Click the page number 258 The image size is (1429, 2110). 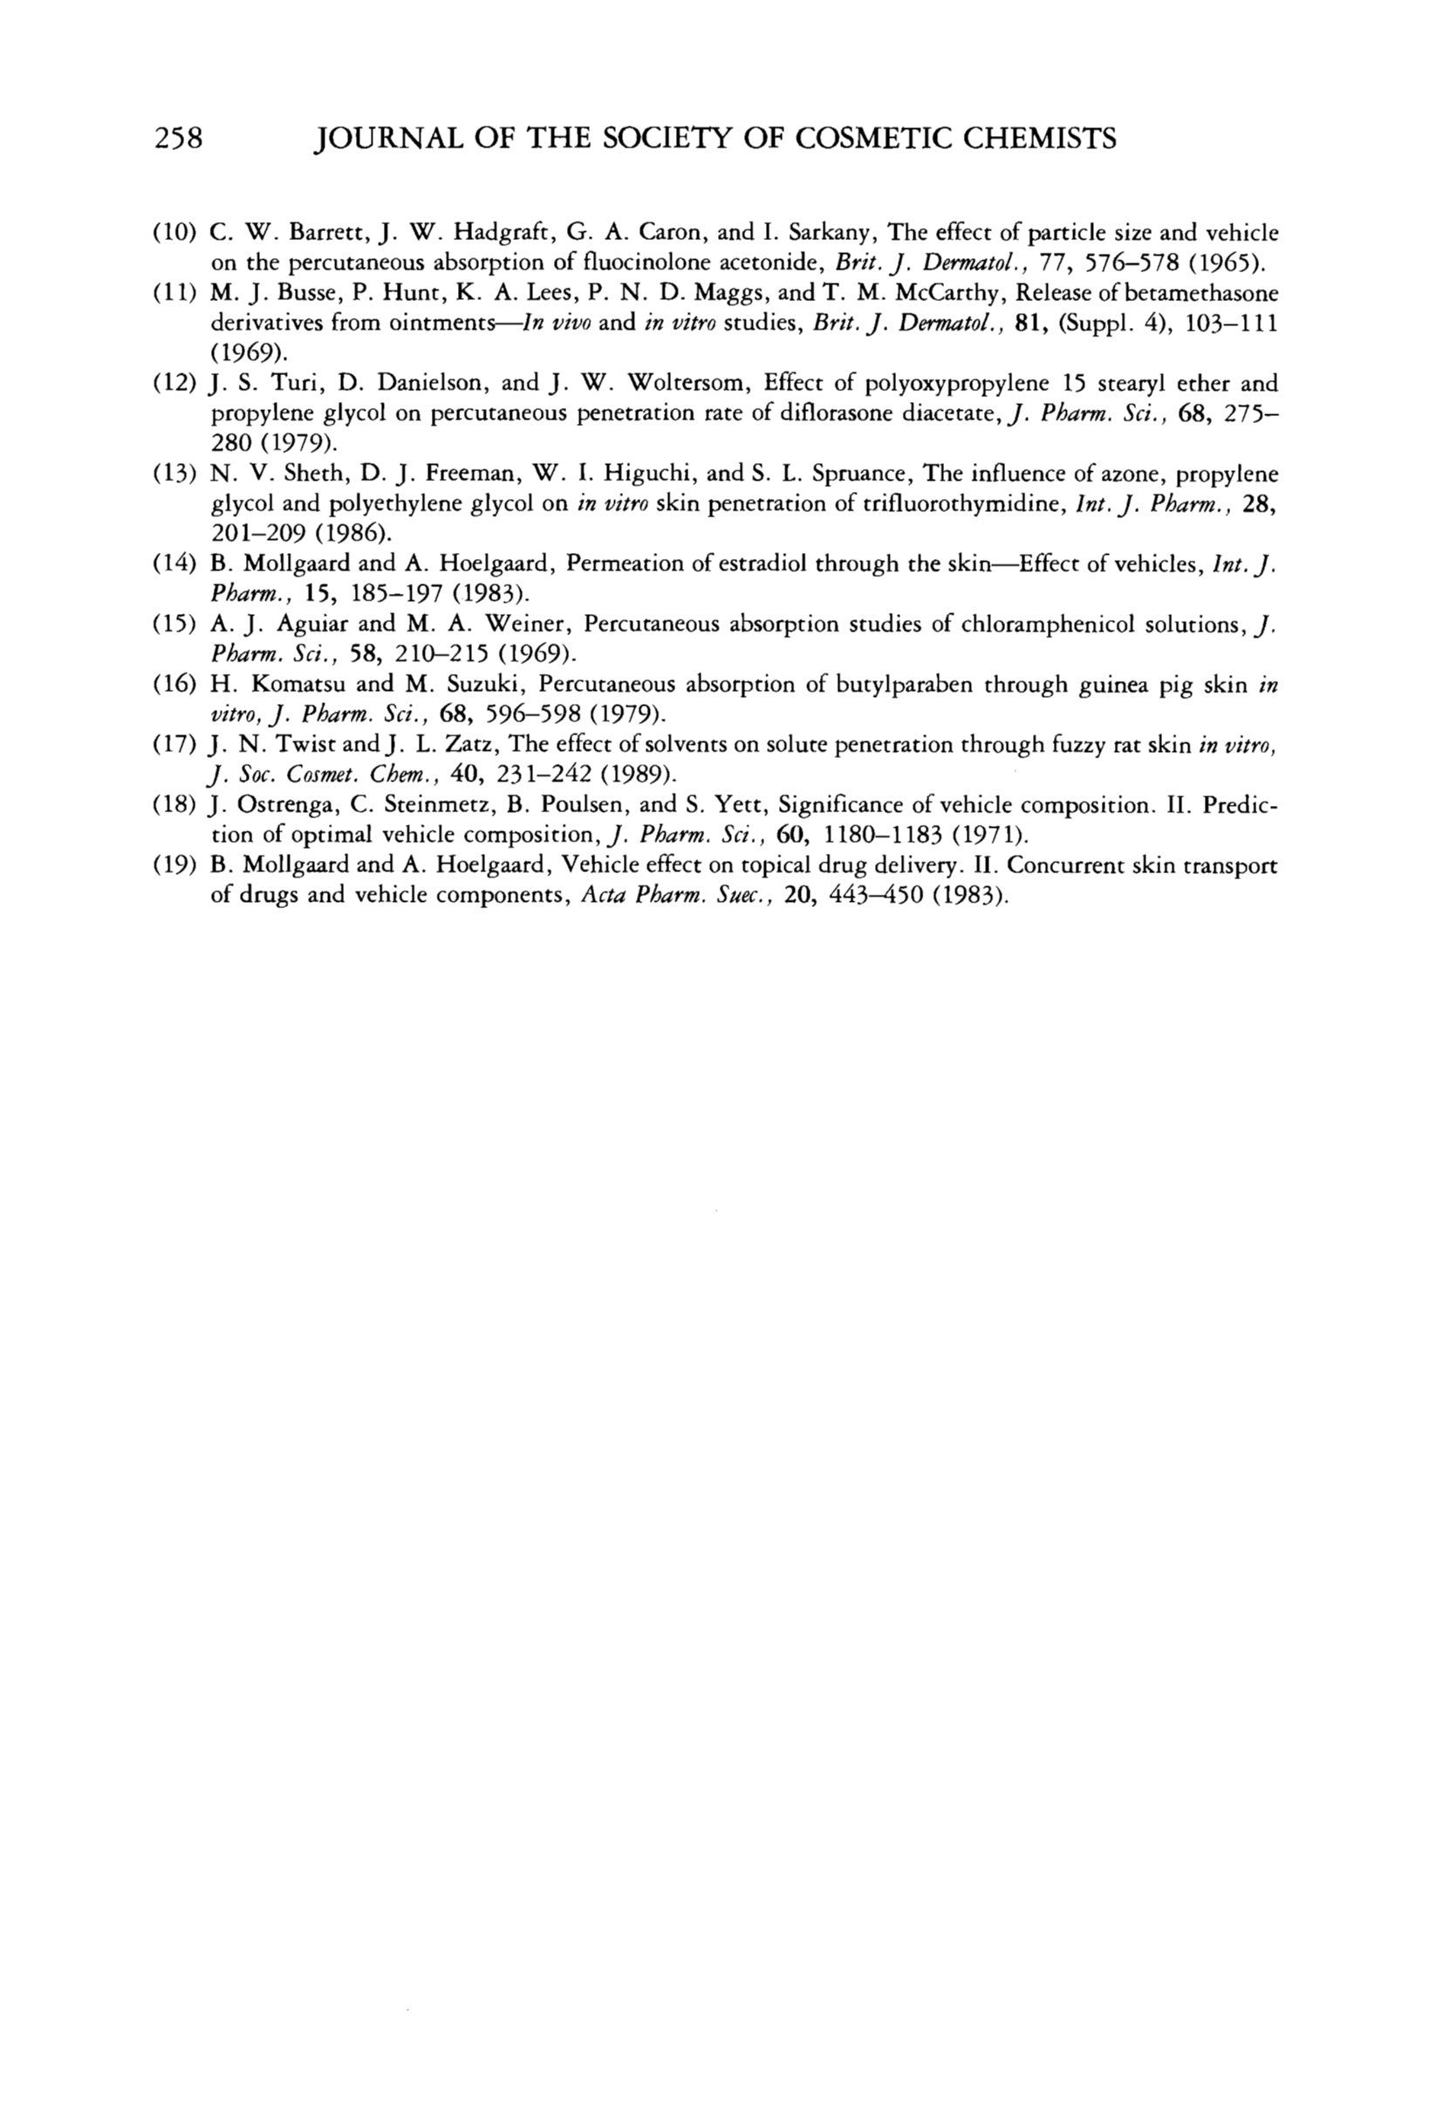[177, 138]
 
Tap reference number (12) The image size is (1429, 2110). [175, 383]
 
